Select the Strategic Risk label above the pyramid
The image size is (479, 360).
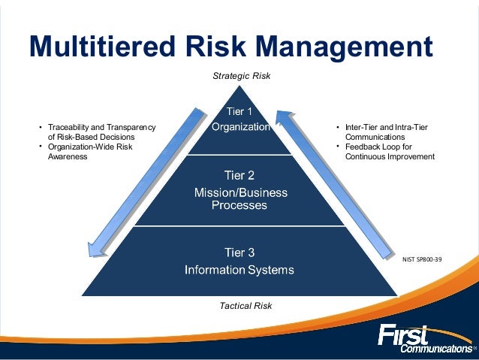click(241, 76)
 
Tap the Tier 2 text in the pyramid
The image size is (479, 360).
click(241, 176)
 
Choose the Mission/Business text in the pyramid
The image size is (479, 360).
click(241, 192)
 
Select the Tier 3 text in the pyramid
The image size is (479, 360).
click(241, 251)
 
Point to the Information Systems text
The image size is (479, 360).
click(241, 269)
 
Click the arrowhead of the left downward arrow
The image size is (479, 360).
click(92, 248)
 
